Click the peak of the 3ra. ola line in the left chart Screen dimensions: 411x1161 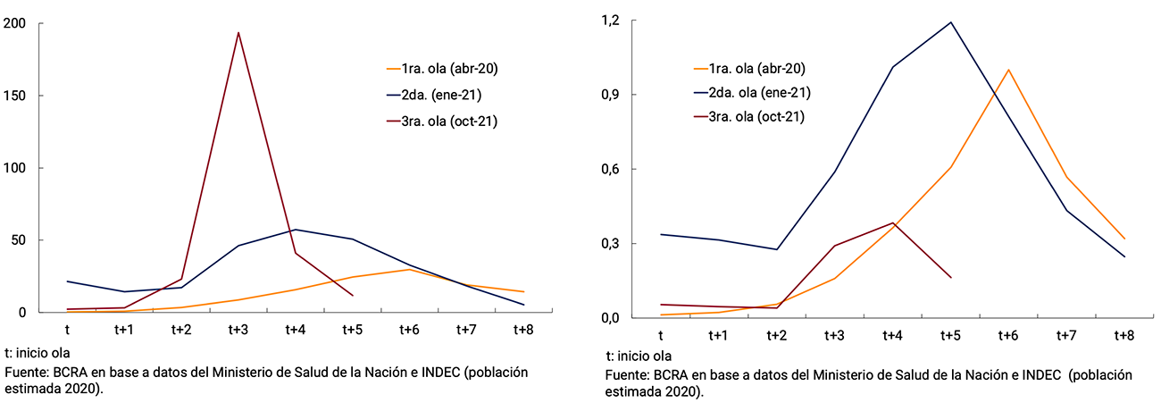pos(238,32)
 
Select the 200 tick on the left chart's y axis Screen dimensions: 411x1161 pos(14,23)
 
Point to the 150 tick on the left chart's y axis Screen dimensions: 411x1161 pos(14,96)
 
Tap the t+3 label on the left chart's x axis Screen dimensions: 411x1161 pos(238,330)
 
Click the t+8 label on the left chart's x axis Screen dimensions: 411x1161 pos(523,330)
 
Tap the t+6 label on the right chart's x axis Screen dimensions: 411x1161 pos(1008,335)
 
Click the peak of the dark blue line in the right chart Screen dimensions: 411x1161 pos(951,22)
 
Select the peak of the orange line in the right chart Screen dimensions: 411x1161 pos(1008,70)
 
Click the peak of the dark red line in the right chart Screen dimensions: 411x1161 pos(892,222)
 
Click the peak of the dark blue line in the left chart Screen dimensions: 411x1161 pos(295,230)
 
